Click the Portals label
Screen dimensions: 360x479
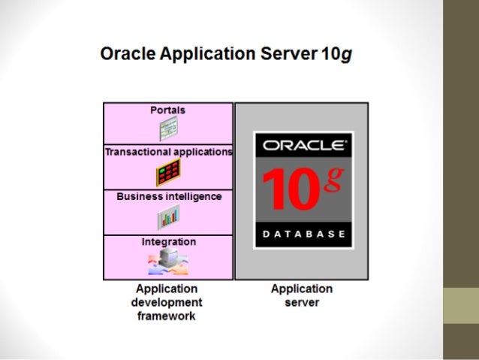pos(167,110)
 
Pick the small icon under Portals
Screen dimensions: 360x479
pos(167,129)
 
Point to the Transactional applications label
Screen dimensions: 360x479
pos(168,152)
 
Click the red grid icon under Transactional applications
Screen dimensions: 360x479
pos(168,173)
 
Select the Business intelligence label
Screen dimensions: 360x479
pos(169,197)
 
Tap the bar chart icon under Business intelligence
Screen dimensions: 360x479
pos(168,218)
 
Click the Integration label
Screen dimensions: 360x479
pos(169,242)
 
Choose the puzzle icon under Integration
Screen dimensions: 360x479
pos(168,262)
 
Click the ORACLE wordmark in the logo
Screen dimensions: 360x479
pos(303,145)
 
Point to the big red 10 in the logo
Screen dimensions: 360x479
pos(291,190)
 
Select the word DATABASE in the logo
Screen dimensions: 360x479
pos(303,234)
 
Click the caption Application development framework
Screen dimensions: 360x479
pos(167,302)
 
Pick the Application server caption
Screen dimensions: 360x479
pos(302,295)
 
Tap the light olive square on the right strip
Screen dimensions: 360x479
pos(460,306)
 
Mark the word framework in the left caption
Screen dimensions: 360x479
pos(167,316)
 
